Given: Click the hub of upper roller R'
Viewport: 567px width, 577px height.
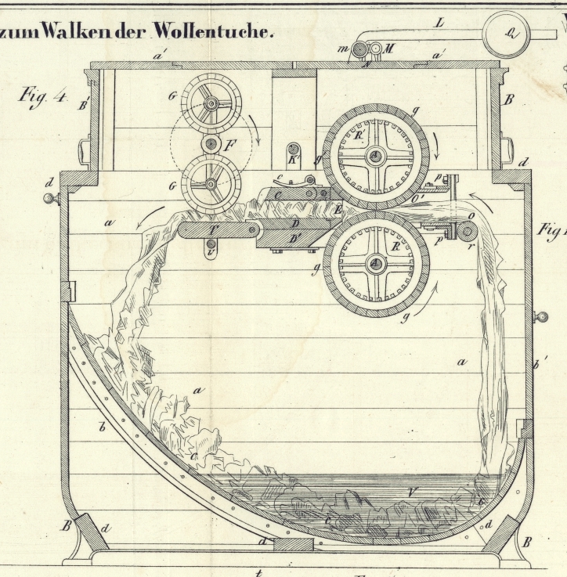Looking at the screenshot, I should pos(376,157).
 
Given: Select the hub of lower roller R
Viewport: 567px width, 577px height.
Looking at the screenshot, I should pos(376,264).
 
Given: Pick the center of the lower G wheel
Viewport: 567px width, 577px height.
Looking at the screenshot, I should pos(211,185).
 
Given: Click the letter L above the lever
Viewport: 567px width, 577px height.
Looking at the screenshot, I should pos(440,23).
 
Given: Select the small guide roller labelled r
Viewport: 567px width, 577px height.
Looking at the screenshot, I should pos(468,230).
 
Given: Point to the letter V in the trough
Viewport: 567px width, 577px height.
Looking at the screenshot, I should pos(413,492).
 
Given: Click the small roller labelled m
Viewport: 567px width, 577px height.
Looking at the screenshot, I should pos(359,51).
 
